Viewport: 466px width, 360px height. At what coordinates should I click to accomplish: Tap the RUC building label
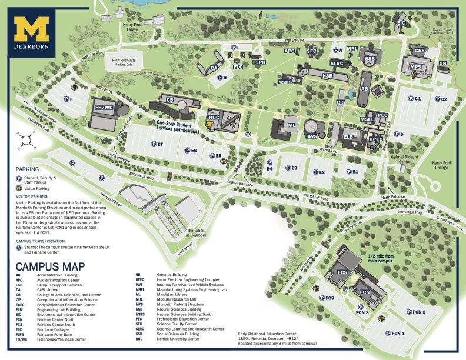214,118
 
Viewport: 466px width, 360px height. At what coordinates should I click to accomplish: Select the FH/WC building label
104,108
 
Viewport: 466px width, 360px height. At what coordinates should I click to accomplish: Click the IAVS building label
311,136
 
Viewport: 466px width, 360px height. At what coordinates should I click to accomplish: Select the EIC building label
401,23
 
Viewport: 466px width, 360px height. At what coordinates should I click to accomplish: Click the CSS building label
420,51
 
